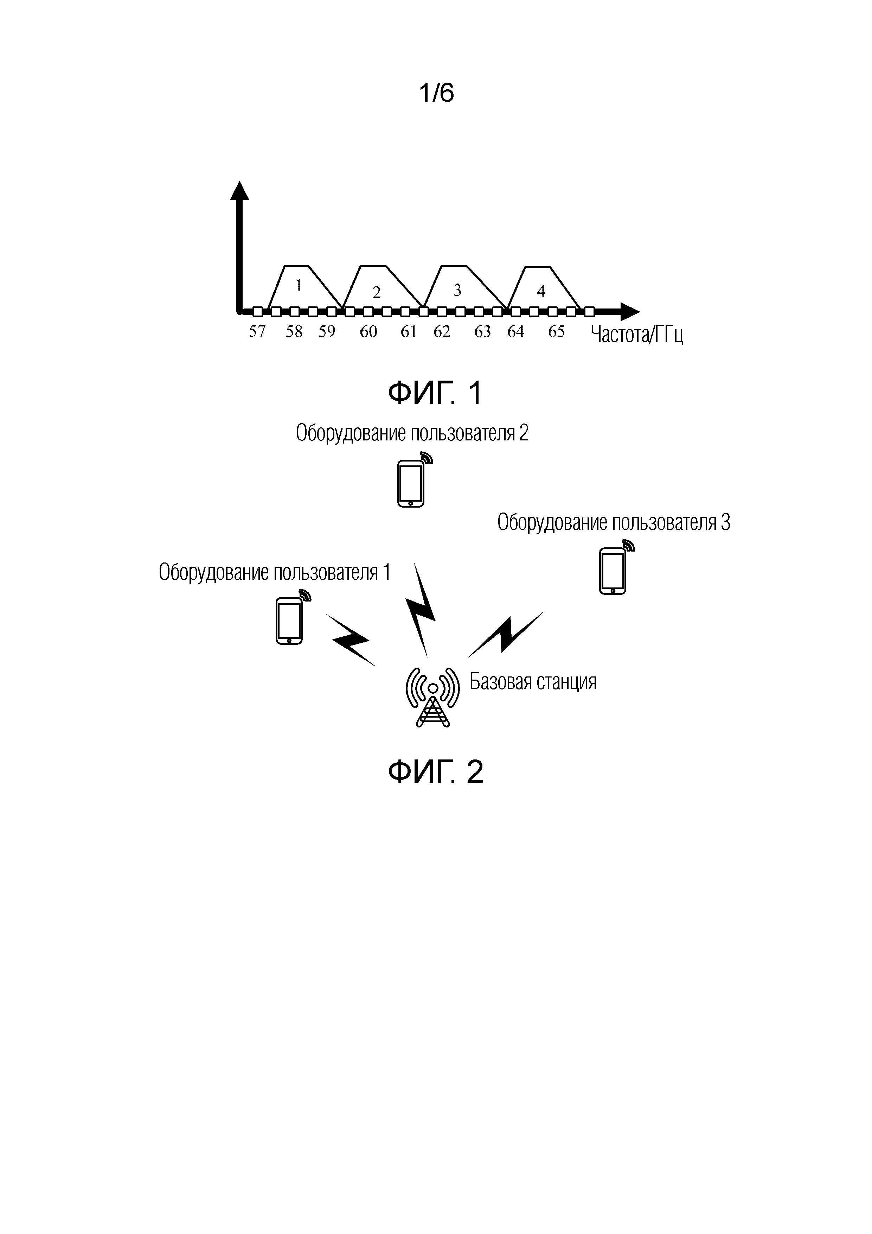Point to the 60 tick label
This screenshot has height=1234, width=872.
coord(368,332)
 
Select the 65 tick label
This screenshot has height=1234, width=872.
coord(556,332)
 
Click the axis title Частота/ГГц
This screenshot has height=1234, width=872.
coord(637,335)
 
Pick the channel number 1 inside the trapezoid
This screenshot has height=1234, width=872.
coord(299,286)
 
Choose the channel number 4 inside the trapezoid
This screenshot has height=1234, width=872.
coord(541,291)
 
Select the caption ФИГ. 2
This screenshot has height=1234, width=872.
coord(435,772)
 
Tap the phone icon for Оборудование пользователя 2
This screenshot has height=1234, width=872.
coord(411,483)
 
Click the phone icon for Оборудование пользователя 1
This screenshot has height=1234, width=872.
coord(289,621)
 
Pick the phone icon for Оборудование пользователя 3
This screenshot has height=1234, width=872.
coord(613,571)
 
